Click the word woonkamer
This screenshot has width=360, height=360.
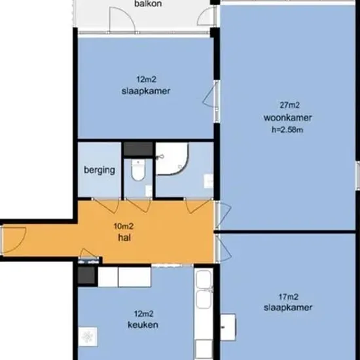point(287,118)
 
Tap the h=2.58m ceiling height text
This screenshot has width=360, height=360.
point(287,130)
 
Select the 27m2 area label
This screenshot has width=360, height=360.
point(289,105)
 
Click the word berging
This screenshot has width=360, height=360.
point(99,170)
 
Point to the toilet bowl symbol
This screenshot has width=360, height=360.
point(138,170)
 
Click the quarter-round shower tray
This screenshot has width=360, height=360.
point(171,158)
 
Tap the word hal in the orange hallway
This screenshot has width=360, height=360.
point(124,238)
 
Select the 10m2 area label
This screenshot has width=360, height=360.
point(124,226)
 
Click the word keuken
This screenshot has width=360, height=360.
point(143,325)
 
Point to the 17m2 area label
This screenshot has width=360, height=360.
point(289,297)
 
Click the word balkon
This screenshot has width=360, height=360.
point(148,4)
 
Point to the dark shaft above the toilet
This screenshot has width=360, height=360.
point(139,149)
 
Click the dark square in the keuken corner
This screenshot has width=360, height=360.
point(86,275)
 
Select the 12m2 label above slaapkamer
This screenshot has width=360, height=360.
point(147,79)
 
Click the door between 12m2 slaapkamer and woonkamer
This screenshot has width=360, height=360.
point(210,94)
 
